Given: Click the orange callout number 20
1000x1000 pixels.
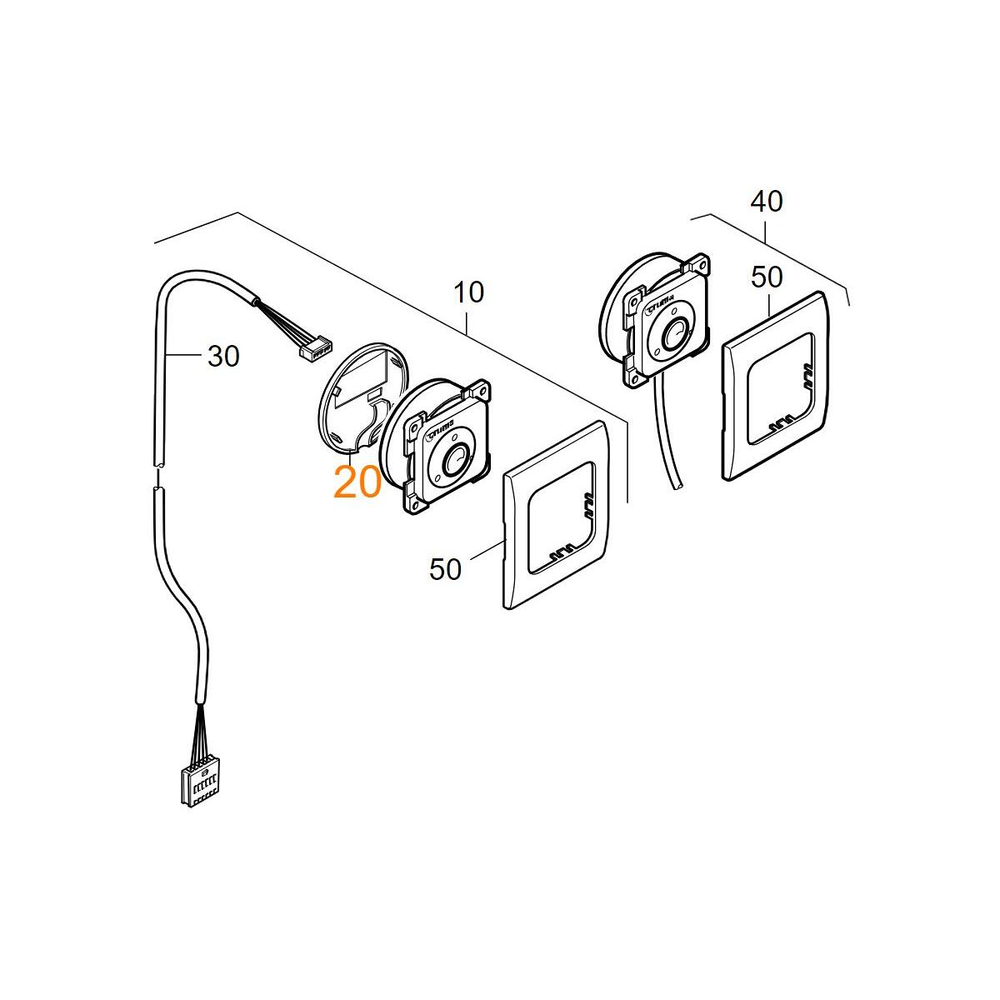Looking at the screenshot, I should coord(357,482).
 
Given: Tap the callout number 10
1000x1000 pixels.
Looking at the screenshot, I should coord(468,292).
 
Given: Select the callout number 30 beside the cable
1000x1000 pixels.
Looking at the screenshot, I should coord(223,357).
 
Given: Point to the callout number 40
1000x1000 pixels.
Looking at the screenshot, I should coord(767,202).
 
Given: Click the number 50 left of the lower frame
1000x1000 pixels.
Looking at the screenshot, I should coord(446,569).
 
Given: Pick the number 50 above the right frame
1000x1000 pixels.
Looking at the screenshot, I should coord(767,277).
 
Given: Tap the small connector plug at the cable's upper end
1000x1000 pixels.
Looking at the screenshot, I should coord(315,348).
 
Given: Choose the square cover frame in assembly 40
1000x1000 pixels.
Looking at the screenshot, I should coord(775,383).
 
